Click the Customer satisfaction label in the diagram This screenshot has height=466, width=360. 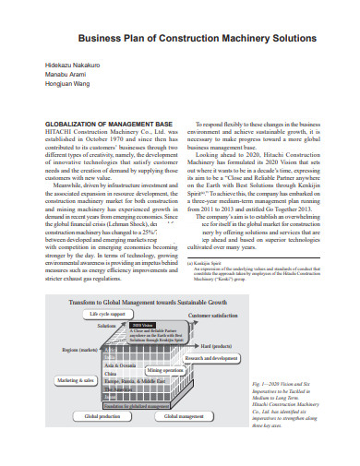coord(214,316)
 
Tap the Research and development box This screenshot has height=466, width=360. coord(236,356)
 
